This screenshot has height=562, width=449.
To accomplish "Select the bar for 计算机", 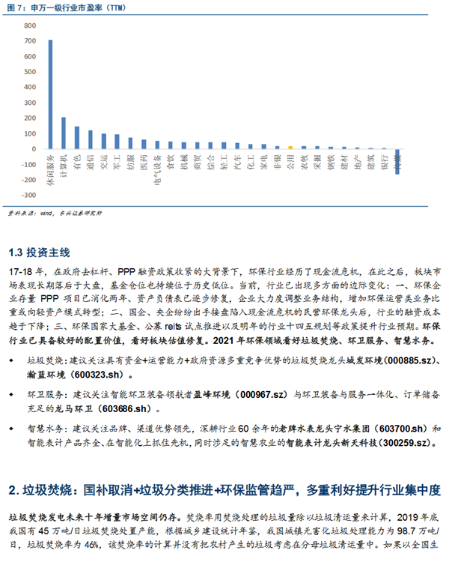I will click(64, 133).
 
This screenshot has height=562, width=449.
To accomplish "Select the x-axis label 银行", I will click(384, 161).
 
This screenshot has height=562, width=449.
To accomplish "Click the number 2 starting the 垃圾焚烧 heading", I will click(12, 490).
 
